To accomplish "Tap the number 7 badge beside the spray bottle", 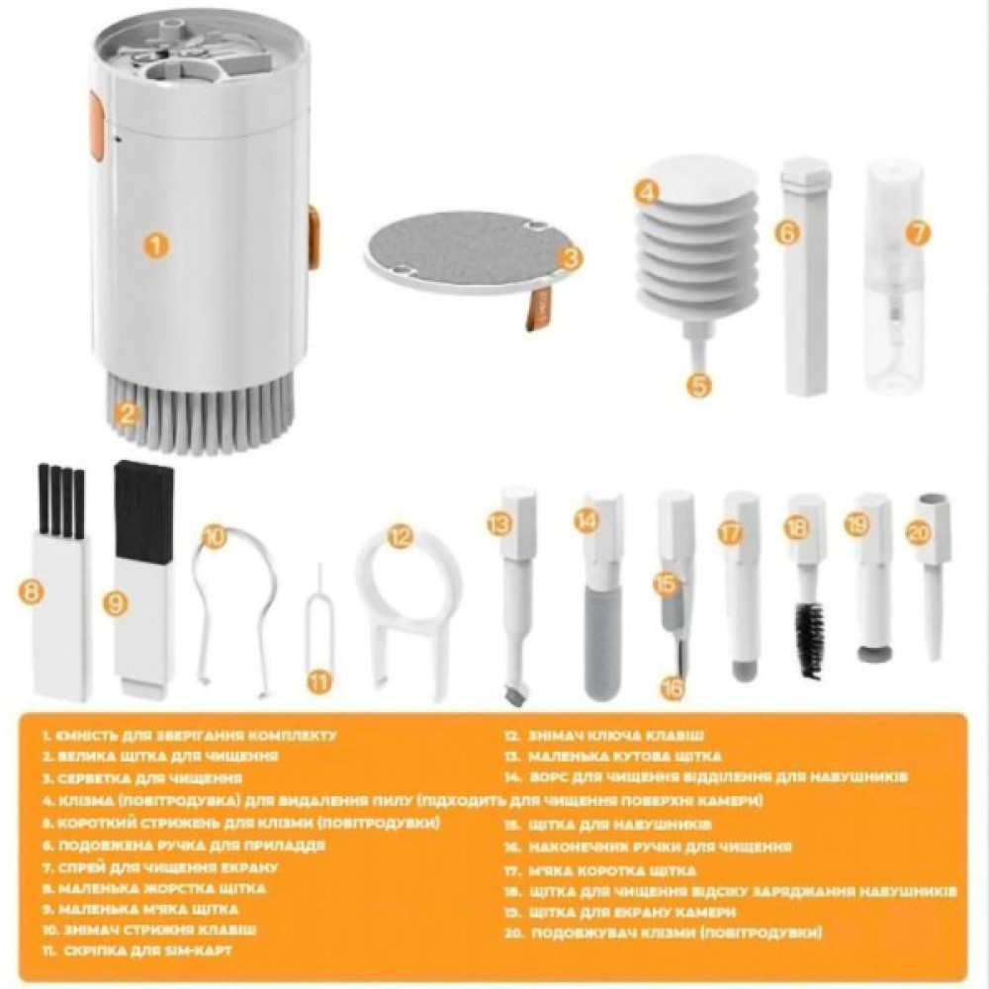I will click(x=919, y=233).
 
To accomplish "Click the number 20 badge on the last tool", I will click(x=919, y=532).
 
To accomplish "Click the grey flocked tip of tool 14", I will click(x=601, y=643).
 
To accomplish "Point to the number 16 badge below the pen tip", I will click(x=674, y=687).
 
